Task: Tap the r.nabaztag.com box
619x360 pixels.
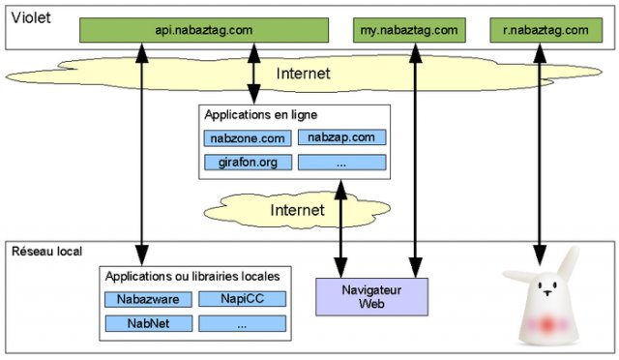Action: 545,31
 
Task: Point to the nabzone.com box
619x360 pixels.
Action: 247,138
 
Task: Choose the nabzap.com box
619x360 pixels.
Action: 341,138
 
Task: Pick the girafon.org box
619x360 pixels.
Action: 247,162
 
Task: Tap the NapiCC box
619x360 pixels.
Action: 242,299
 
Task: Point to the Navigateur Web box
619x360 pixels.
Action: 358,296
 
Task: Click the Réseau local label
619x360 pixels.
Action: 46,251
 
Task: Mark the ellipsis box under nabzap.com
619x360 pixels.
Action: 341,162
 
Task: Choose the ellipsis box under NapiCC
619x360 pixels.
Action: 242,322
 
